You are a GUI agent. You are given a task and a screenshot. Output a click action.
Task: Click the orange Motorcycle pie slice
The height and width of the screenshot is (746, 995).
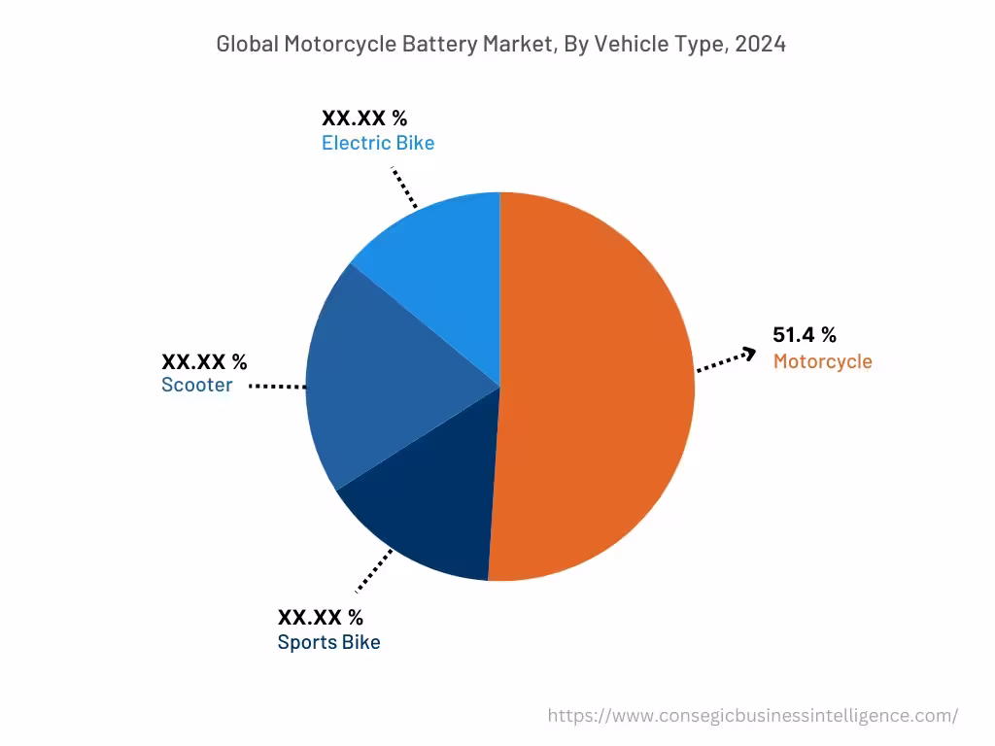(x=593, y=389)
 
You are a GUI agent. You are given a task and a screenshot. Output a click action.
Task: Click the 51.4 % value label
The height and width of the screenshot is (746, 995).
(x=804, y=335)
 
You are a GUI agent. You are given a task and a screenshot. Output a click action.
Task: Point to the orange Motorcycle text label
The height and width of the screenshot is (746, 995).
(x=822, y=362)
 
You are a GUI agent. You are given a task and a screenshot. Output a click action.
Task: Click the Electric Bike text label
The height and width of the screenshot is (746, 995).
(x=378, y=144)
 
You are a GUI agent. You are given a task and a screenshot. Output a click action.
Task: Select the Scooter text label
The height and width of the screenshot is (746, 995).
(x=197, y=386)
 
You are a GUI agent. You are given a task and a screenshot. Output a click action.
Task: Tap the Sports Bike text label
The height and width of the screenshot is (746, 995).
(x=328, y=643)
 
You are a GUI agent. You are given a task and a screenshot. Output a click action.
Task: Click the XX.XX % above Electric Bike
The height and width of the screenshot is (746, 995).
(x=364, y=119)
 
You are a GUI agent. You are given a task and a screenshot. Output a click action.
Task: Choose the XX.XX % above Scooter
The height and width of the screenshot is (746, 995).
(x=204, y=362)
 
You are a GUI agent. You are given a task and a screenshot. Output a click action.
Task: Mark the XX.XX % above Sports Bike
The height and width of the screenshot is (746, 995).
(x=321, y=617)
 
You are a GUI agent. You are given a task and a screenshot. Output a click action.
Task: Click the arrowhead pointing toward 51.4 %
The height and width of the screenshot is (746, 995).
(x=748, y=355)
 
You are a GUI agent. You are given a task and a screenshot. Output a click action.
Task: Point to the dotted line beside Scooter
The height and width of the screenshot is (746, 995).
(x=277, y=387)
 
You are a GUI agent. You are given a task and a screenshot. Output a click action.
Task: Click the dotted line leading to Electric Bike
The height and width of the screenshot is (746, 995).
(x=404, y=187)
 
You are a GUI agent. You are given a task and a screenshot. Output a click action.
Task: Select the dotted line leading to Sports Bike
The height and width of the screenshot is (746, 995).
(x=374, y=570)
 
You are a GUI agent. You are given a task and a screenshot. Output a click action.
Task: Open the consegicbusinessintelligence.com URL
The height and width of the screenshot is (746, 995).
(x=752, y=716)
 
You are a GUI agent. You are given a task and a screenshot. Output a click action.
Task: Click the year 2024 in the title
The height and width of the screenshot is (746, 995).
(x=760, y=44)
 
